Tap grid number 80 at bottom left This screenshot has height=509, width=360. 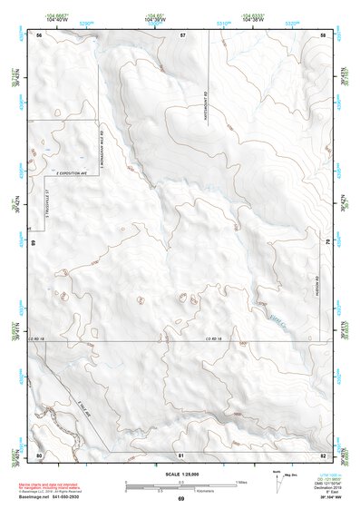click(39, 455)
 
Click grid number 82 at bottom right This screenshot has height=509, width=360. click(322, 455)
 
